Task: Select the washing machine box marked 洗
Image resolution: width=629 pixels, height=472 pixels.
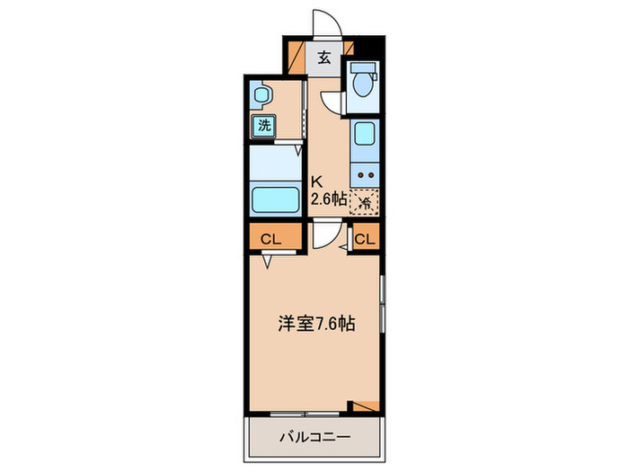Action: tap(263, 126)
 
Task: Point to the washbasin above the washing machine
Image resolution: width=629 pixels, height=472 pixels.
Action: tap(261, 94)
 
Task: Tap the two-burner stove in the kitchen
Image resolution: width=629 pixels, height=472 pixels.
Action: tap(365, 175)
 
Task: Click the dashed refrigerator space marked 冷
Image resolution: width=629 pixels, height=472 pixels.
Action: tap(365, 202)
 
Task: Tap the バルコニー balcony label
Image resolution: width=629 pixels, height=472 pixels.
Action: tap(312, 438)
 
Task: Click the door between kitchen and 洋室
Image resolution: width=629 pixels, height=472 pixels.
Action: tap(329, 237)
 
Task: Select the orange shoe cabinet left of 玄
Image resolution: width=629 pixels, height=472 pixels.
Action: tap(297, 56)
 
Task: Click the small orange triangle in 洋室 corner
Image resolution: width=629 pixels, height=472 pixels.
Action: tap(366, 406)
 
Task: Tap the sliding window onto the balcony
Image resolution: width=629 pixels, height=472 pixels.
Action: tap(306, 414)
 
